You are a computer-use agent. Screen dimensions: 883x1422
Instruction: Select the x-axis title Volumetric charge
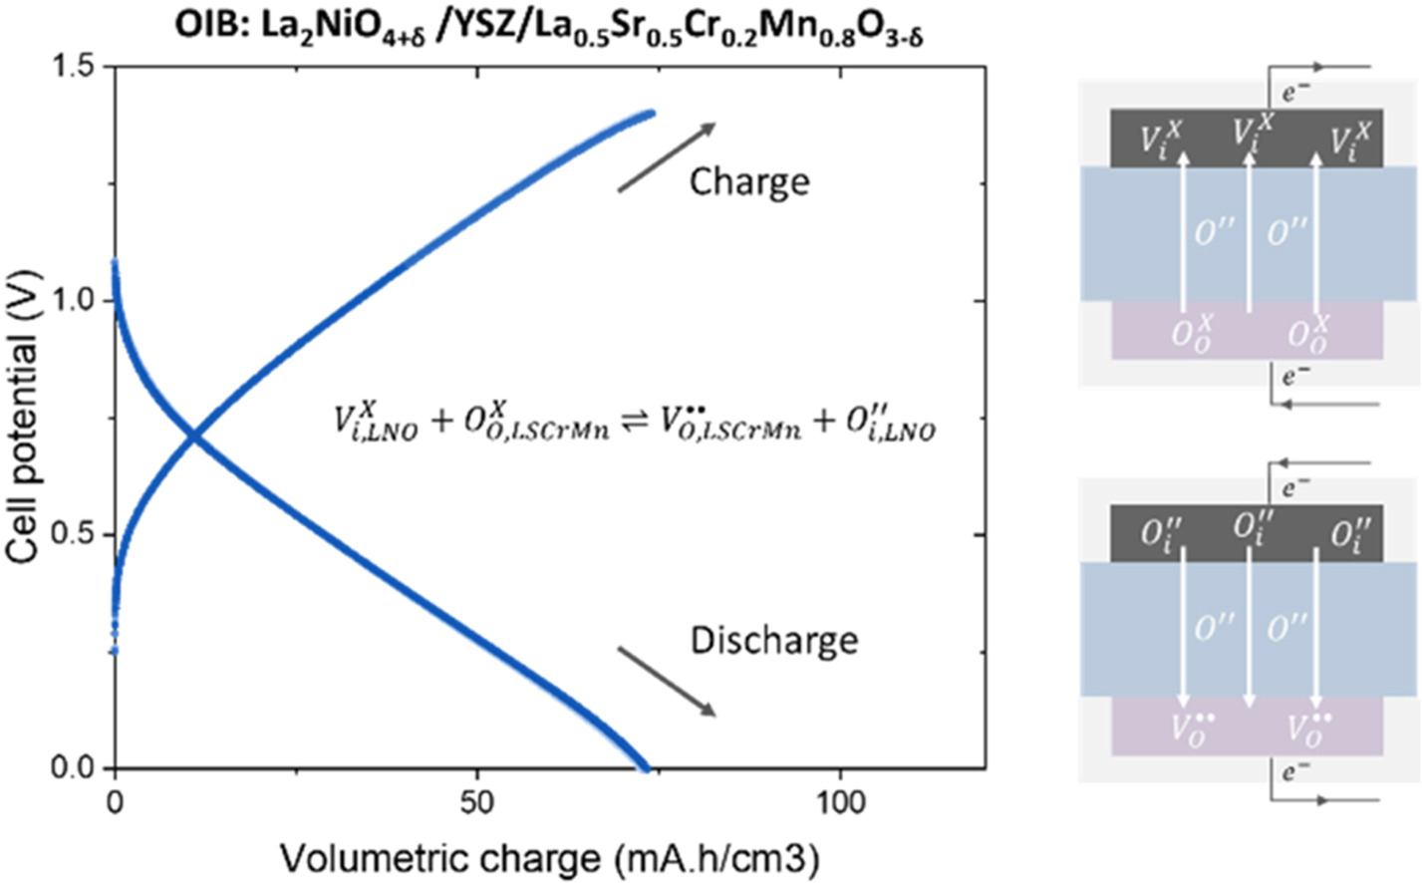tap(549, 857)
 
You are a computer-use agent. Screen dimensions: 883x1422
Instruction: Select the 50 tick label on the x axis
tap(478, 803)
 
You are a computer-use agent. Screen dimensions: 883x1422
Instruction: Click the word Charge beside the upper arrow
tap(749, 182)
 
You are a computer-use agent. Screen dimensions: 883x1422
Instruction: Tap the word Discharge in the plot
tap(773, 639)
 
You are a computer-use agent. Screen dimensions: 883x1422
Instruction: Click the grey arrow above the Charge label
tap(667, 156)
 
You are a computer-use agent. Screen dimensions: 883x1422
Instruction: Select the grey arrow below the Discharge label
tap(667, 681)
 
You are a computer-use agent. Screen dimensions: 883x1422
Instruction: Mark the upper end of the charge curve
tap(652, 114)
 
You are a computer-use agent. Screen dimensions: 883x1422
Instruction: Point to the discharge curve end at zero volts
tap(645, 767)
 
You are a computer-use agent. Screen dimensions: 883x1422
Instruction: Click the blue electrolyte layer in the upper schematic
tap(1247, 232)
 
